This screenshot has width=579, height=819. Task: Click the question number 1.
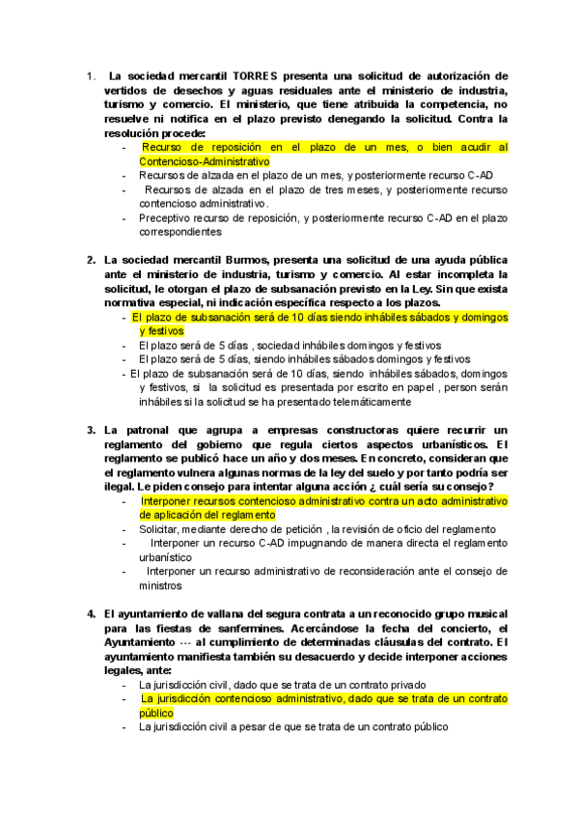[90, 75]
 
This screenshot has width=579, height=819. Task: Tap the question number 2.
[90, 260]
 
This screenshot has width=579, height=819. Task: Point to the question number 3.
[90, 430]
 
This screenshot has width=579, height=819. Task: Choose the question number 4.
[90, 613]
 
